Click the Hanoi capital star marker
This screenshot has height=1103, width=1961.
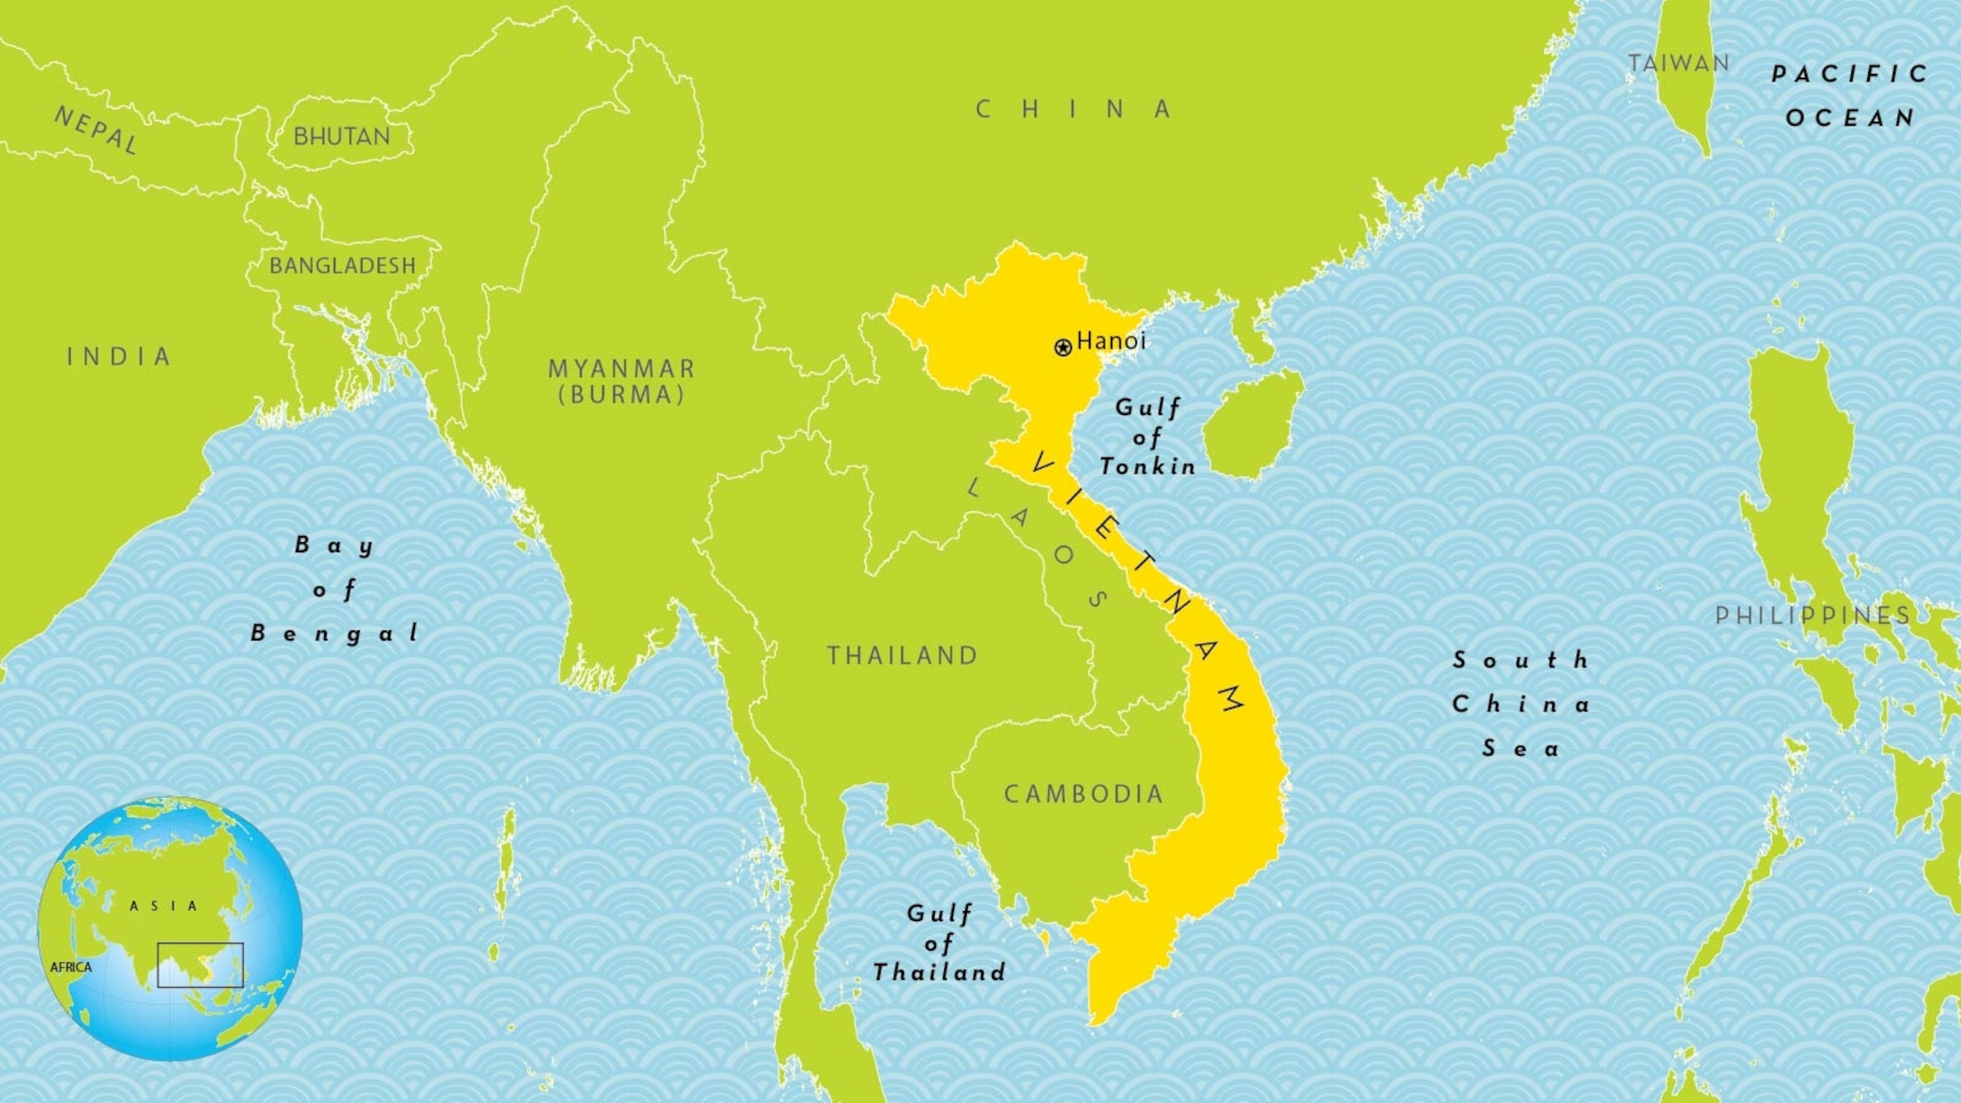coord(1063,348)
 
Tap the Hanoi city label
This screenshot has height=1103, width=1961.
coord(1111,340)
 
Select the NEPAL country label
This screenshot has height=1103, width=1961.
coord(96,130)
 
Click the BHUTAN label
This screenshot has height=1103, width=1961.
coord(342,137)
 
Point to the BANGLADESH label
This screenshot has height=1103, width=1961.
coord(343,266)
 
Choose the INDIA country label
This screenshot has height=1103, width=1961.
coord(119,356)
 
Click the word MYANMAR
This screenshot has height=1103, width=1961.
coord(622,369)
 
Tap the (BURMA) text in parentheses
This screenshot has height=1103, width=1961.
coord(622,395)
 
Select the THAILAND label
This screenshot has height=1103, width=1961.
coord(903,656)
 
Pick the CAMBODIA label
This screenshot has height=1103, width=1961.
coord(1084,794)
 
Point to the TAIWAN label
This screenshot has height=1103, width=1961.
coord(1679,63)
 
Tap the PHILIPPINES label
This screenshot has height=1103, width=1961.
coord(1812,615)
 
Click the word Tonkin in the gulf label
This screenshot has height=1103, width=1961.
coord(1148,466)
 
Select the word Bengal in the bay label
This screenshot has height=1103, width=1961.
coord(335,633)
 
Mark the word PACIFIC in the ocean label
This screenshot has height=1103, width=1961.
coord(1850,74)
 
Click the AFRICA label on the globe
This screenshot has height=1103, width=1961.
coord(71,968)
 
